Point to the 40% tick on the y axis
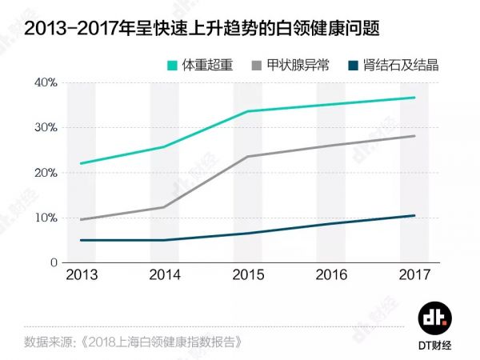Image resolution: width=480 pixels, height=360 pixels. point(46,83)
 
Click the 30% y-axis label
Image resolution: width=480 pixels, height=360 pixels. point(46,128)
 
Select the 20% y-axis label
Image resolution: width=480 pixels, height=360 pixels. point(46,173)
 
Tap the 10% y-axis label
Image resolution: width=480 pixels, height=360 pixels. point(46,218)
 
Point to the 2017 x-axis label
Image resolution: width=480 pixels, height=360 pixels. point(414,275)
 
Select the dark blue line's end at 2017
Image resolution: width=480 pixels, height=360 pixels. point(414,215)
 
